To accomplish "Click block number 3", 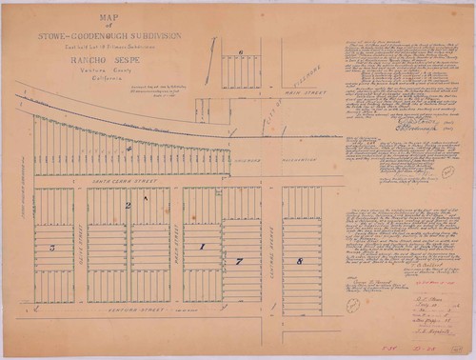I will coord(51,248).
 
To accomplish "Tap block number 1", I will coord(201,248).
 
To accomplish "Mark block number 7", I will coord(240,260).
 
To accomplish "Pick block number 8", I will coord(300,259).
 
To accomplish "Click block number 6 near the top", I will coord(242,53).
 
